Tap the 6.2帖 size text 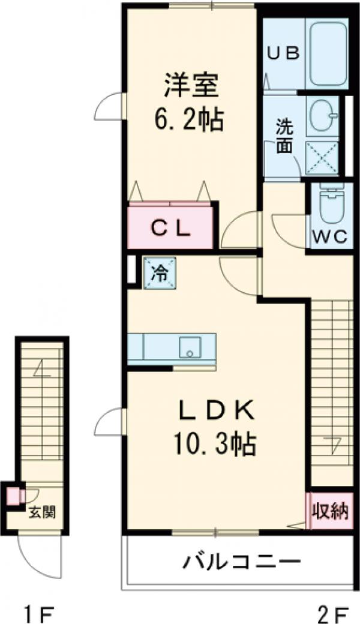(189, 119)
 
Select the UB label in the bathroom (283, 53)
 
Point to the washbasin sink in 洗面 (323, 115)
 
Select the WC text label (330, 238)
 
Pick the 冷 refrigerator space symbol (160, 273)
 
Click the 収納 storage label (330, 511)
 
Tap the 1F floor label (38, 612)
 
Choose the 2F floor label (334, 612)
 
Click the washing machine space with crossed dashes (322, 158)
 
